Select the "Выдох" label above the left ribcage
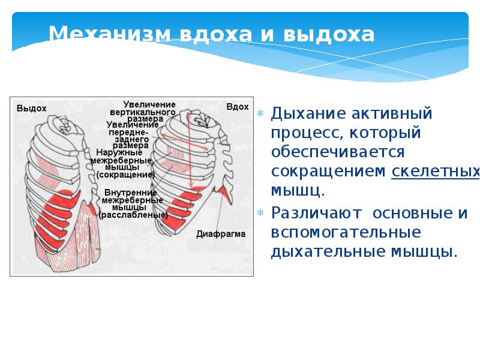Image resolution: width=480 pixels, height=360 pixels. point(32,108)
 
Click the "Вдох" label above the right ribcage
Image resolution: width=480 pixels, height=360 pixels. point(238,107)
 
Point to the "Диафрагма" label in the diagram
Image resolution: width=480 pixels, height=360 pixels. point(221,234)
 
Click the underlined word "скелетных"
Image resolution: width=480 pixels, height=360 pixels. point(435,171)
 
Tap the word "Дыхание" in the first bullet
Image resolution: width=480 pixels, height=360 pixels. point(302,113)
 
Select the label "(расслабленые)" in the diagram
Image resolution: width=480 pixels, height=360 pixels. point(133,215)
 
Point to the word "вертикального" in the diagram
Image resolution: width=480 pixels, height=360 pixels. point(143,112)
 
